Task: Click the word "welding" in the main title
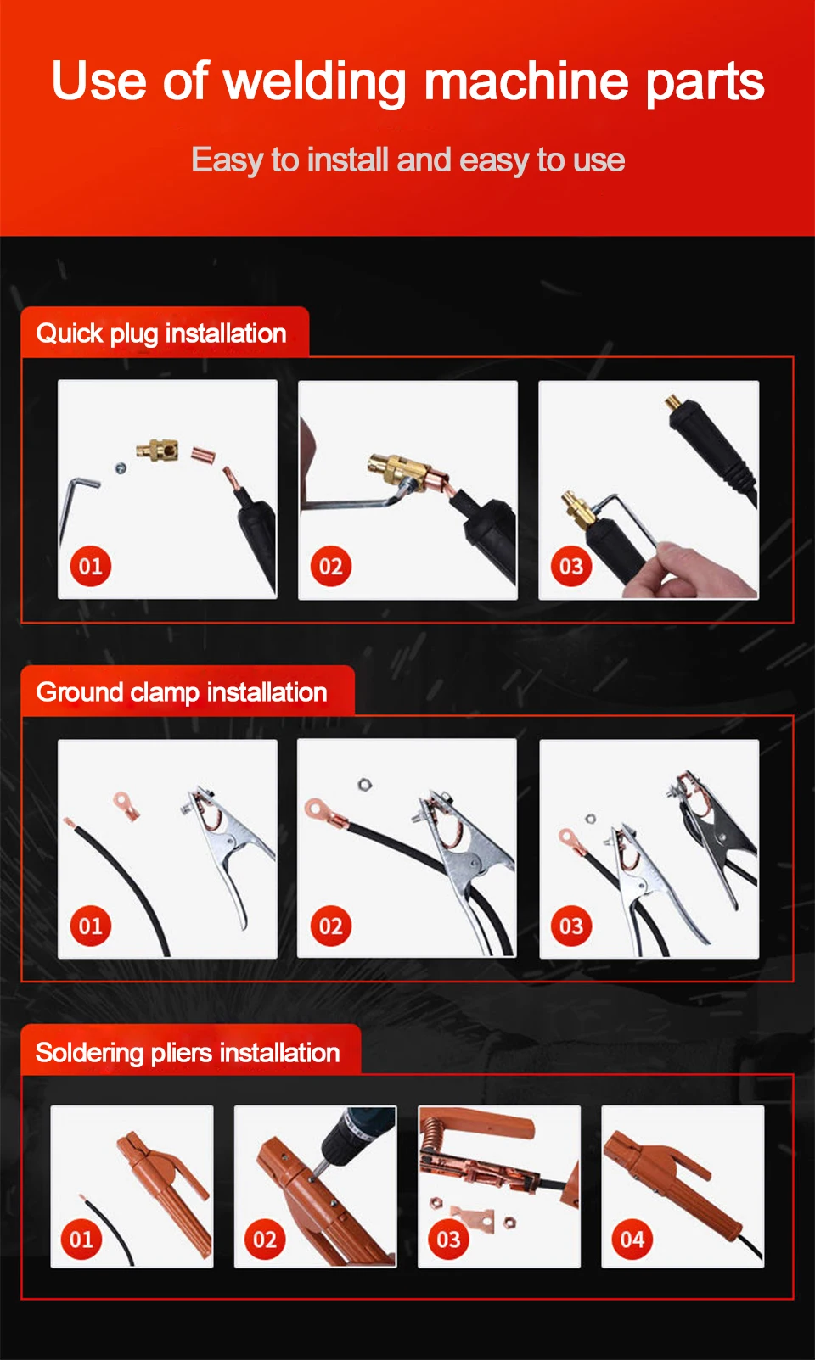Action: click(x=314, y=82)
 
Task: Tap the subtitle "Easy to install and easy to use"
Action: click(x=407, y=160)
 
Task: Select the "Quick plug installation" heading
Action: click(x=161, y=334)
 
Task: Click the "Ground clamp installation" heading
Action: click(x=182, y=693)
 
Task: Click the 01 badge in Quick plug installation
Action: click(x=91, y=567)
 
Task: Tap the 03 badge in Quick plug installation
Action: click(x=571, y=567)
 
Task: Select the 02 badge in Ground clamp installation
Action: click(x=330, y=926)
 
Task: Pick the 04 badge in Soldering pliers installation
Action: click(x=632, y=1240)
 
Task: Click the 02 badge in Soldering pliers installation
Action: click(x=264, y=1240)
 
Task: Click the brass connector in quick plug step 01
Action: click(x=157, y=450)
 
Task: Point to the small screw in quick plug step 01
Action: click(x=121, y=468)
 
